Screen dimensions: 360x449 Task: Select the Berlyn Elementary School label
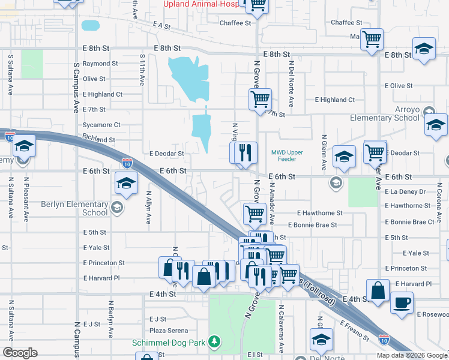tap(74, 208)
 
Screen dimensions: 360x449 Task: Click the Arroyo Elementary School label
tap(385, 113)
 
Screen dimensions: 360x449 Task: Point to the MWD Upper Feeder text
tap(287, 157)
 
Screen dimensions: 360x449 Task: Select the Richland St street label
tap(98, 139)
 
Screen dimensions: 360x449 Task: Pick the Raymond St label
tap(100, 64)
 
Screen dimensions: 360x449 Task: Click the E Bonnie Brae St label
tap(312, 225)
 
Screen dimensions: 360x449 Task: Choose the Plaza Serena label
tap(169, 331)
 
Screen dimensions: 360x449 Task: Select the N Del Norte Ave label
tap(291, 83)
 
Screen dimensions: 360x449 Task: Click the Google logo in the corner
tap(20, 352)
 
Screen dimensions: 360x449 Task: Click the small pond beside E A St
tap(90, 25)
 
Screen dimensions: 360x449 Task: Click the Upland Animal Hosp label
tap(202, 4)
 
